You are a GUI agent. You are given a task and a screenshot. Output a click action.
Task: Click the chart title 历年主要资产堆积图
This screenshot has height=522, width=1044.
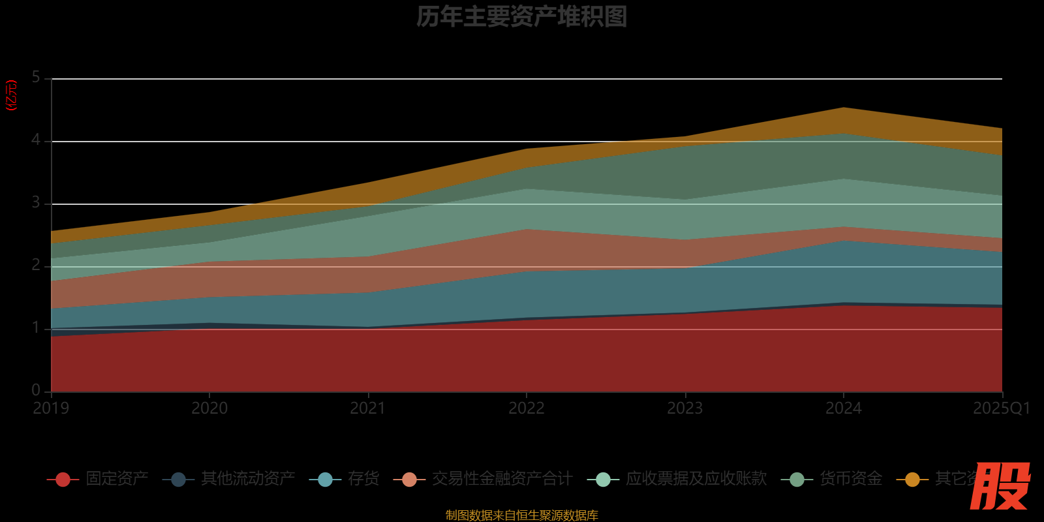tap(521, 17)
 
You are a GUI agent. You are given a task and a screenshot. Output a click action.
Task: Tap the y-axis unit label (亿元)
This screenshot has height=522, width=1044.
tap(11, 95)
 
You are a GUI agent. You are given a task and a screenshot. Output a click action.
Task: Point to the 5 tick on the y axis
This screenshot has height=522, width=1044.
tap(36, 78)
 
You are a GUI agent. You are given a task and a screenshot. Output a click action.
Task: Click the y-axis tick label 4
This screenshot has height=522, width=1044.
tap(36, 140)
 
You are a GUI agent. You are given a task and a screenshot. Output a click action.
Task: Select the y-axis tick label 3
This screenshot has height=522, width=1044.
tap(36, 203)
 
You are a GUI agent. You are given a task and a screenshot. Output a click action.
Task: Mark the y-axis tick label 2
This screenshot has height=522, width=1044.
tap(36, 266)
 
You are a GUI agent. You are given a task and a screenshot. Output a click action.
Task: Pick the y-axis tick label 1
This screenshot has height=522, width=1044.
tap(36, 328)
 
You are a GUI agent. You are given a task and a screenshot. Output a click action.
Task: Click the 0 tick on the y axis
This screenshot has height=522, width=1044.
tap(36, 390)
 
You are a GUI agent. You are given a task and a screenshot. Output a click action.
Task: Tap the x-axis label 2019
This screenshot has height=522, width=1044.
tap(51, 408)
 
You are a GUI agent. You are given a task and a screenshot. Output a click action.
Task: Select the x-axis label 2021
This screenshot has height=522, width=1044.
tap(368, 408)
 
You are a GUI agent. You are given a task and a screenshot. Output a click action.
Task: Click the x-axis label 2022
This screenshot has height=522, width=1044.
tap(527, 408)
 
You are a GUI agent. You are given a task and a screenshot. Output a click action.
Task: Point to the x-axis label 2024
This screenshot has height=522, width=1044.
tap(844, 408)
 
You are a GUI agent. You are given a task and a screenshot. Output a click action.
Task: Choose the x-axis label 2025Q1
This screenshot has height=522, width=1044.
tap(1001, 408)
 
